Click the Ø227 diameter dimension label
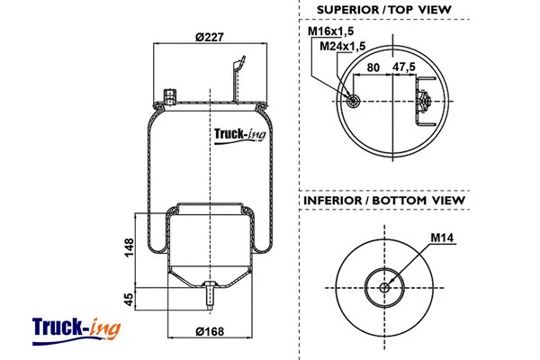[x=209, y=36]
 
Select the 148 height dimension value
[x=130, y=245]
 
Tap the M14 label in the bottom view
[x=441, y=238]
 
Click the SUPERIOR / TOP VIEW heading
[x=383, y=10]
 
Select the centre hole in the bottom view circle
[x=385, y=288]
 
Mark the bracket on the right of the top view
[x=424, y=100]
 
